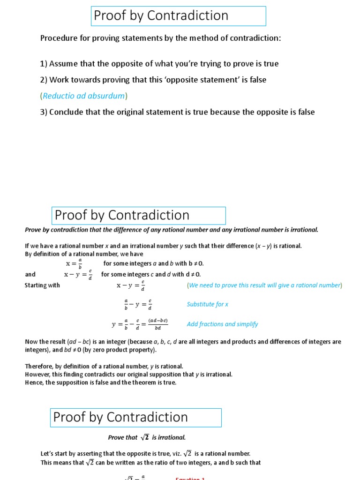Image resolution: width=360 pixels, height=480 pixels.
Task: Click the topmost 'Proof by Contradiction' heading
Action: pos(161,15)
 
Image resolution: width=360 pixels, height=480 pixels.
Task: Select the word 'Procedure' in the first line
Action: pos(57,38)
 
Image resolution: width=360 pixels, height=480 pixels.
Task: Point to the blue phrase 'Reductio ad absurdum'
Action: pos(84,96)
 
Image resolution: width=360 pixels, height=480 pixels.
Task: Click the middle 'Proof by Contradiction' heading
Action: pos(122,215)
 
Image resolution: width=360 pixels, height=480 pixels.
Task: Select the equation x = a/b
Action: pos(73,263)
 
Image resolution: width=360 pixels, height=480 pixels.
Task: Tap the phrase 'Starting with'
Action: pos(42,285)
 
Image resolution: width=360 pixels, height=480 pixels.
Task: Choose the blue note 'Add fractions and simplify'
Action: pos(222,324)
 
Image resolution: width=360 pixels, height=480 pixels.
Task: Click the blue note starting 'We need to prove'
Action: pos(264,285)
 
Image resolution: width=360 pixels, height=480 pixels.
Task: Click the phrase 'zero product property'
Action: pos(129,350)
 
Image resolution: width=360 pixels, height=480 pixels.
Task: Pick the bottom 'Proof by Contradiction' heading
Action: pos(120,417)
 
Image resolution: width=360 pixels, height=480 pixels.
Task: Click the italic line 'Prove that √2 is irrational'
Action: pos(147,437)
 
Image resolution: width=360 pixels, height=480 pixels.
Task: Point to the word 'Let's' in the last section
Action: pos(49,453)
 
